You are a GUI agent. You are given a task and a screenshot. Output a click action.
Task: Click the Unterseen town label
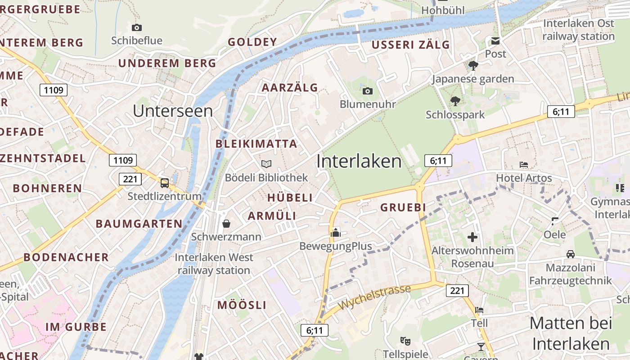click(173, 111)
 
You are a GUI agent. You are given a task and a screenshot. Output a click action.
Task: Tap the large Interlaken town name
click(359, 161)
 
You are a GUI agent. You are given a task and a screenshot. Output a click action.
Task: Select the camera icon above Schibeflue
click(137, 28)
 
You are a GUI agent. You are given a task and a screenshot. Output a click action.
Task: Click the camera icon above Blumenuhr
click(367, 91)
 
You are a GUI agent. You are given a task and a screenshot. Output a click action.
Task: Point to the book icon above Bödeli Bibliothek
click(266, 164)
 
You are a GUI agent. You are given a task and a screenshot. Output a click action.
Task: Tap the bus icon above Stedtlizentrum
click(165, 183)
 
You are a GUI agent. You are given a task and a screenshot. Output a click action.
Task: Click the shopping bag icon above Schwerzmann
click(226, 224)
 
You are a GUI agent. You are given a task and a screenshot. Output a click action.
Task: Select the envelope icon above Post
click(495, 41)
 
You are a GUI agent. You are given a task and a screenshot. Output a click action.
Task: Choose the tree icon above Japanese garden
click(473, 66)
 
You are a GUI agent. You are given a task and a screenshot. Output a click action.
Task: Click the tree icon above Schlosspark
click(455, 101)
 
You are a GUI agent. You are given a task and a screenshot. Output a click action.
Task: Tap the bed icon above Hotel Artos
click(523, 165)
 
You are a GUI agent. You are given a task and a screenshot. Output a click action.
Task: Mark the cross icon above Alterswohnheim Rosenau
click(472, 237)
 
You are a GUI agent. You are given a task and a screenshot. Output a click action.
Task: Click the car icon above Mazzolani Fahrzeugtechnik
click(571, 254)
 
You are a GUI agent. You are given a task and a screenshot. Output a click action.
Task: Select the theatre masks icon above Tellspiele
click(405, 341)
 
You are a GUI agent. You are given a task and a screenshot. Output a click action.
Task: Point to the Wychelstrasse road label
click(374, 297)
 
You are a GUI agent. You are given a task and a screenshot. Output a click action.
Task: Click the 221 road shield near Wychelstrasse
click(457, 291)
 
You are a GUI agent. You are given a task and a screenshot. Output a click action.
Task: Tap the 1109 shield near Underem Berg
click(54, 90)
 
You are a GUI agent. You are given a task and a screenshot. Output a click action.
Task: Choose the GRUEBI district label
click(403, 207)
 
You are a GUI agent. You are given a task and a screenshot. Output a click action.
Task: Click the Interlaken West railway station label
click(214, 264)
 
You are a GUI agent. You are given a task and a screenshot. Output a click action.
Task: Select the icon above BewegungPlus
click(336, 233)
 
